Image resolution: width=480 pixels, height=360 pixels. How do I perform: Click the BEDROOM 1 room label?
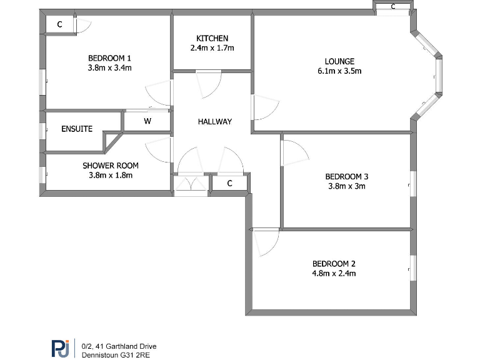click(x=109, y=59)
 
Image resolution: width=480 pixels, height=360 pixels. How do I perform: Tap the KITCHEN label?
click(x=212, y=38)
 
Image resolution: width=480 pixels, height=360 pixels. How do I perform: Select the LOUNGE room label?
click(x=339, y=61)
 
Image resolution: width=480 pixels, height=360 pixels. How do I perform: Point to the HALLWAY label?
click(x=214, y=122)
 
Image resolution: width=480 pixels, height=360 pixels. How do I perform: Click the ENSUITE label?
click(x=77, y=129)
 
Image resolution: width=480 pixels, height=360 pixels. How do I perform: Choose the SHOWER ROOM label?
click(x=111, y=166)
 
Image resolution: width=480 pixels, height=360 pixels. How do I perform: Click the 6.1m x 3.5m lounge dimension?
click(x=339, y=71)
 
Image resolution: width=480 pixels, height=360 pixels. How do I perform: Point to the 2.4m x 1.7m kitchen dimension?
click(x=212, y=47)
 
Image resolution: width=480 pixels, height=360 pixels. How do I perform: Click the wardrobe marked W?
click(x=147, y=122)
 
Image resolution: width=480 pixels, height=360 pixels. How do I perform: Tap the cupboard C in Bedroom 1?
click(x=60, y=25)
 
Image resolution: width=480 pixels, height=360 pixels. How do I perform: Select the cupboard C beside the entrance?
click(x=229, y=184)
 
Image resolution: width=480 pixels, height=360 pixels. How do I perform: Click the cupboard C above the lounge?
click(x=393, y=7)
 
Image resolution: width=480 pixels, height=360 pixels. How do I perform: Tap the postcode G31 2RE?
click(x=135, y=354)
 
